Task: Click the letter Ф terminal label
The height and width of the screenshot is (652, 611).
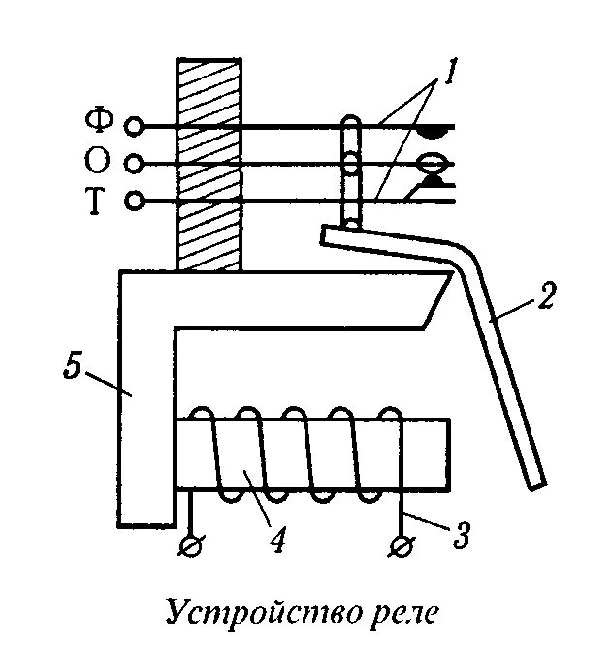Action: (100, 123)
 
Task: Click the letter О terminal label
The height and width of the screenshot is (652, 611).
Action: (100, 161)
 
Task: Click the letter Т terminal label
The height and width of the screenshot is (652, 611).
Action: (99, 200)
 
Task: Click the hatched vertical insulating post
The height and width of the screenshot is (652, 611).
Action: (208, 165)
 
